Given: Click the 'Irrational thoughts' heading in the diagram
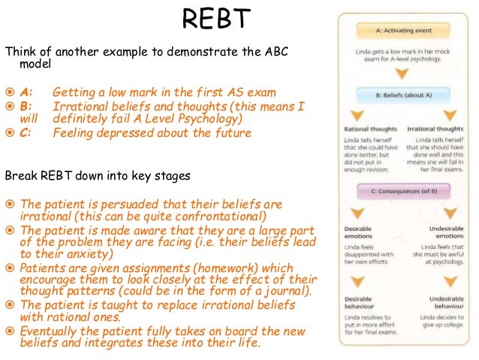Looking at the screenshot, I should click(x=434, y=129).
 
